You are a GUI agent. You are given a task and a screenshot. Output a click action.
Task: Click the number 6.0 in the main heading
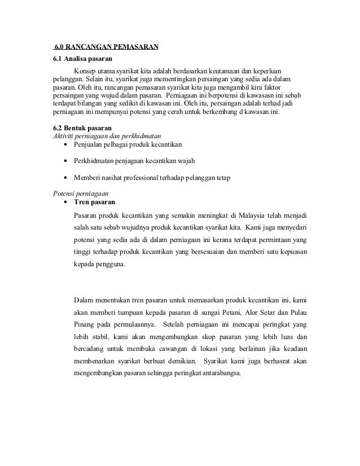pyautogui.click(x=59, y=47)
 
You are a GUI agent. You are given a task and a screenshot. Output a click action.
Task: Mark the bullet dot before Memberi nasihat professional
pyautogui.click(x=67, y=179)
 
